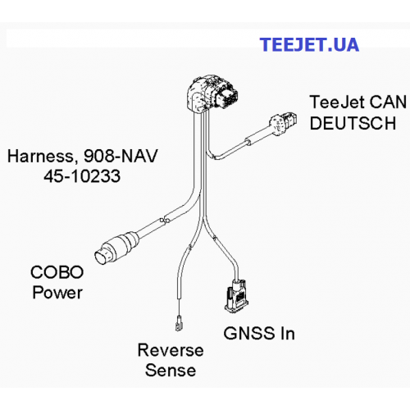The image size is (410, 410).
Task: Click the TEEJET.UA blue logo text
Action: (309, 44)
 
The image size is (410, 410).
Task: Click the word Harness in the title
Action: (41, 157)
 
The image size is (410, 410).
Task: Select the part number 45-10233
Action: (82, 175)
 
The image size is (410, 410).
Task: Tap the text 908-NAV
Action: (121, 156)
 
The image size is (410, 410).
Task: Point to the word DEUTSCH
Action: (353, 123)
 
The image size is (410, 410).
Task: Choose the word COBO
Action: (57, 272)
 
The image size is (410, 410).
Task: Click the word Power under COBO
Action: (57, 293)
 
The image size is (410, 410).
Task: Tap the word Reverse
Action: (171, 350)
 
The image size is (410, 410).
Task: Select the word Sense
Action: (171, 371)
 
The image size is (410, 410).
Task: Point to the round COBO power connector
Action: (116, 248)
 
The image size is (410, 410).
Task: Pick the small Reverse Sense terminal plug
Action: (179, 323)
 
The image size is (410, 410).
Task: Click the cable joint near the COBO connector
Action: (165, 220)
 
